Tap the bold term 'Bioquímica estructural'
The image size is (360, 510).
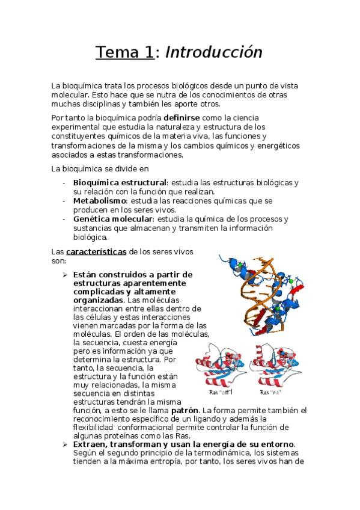[119, 182]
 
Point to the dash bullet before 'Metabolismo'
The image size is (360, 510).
[64, 200]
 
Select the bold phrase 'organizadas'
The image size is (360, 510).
[98, 300]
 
